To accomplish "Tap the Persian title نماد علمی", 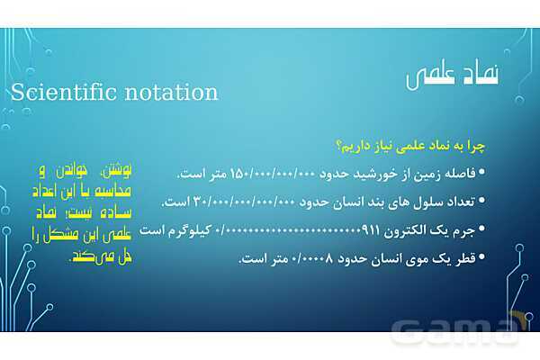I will pyautogui.click(x=452, y=78).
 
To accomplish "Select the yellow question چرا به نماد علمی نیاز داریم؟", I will pyautogui.click(x=411, y=145).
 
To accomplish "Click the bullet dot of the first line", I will pyautogui.click(x=481, y=173).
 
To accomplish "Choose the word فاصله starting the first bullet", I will pyautogui.click(x=460, y=173).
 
